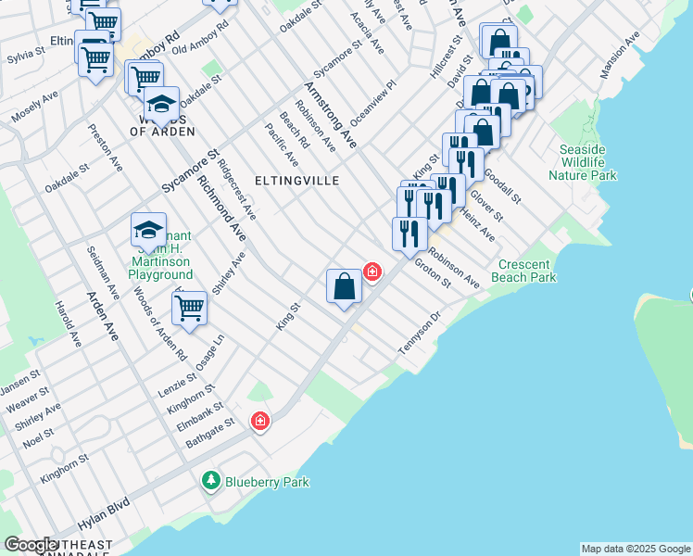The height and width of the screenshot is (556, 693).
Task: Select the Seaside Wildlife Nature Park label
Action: tap(582, 162)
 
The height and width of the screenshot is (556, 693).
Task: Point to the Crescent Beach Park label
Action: tap(525, 271)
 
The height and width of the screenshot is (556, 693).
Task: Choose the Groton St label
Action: tap(432, 272)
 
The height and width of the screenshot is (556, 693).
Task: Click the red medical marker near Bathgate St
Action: tap(260, 421)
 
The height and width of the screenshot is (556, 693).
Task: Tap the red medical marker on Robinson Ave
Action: tap(372, 272)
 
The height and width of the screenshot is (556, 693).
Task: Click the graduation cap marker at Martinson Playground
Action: tap(148, 230)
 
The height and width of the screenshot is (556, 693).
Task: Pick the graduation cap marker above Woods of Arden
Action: tap(160, 105)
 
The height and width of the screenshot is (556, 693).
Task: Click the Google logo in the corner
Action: tap(31, 545)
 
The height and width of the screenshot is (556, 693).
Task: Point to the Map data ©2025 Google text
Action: tap(636, 549)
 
